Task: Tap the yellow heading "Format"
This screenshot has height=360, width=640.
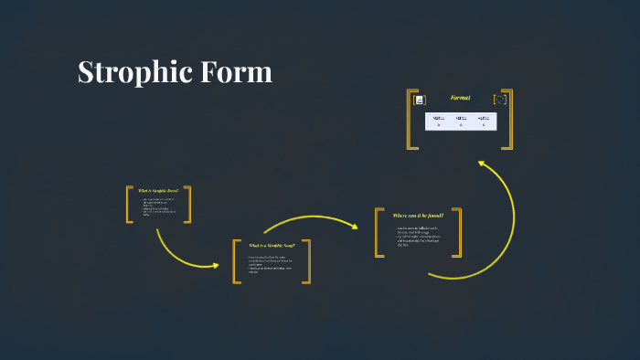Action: (x=460, y=98)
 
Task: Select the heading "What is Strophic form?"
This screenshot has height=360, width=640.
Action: (x=158, y=190)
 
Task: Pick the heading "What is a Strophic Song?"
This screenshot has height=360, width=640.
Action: (x=272, y=245)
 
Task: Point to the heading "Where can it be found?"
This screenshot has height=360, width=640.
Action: (x=418, y=216)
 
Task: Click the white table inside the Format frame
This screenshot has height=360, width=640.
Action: (x=461, y=121)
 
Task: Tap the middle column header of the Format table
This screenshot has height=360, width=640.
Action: (x=461, y=117)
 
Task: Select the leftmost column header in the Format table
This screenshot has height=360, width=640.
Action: (x=438, y=117)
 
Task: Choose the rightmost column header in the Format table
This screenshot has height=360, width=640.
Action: (x=484, y=117)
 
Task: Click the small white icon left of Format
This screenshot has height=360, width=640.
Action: (x=420, y=100)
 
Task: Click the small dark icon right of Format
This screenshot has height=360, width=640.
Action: (x=499, y=99)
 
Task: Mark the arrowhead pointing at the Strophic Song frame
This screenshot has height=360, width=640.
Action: (x=216, y=266)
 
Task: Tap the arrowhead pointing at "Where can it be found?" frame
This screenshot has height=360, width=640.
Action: (x=353, y=225)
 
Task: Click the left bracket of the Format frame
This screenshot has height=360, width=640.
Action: (x=411, y=119)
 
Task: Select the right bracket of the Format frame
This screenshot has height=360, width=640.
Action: (x=509, y=119)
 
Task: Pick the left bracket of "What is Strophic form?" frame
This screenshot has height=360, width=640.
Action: (x=129, y=205)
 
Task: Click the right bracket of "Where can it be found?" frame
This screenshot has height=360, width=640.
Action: (x=457, y=232)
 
